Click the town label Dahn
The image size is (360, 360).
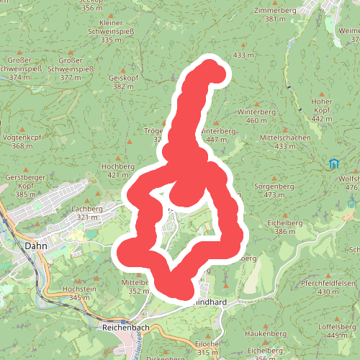coord(35,246)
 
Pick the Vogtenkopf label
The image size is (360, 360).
coord(22,137)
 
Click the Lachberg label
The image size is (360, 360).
coord(87,209)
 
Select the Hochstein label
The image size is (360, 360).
coord(79,289)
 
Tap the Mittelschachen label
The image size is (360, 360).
coord(285,137)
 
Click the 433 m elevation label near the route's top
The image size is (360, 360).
coord(244,55)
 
